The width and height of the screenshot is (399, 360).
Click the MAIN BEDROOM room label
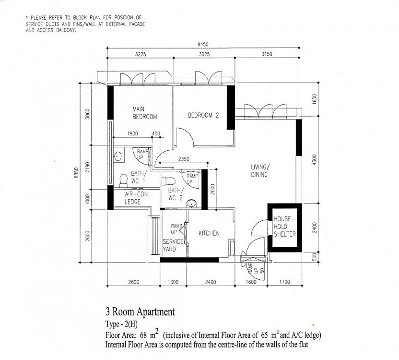pyautogui.click(x=144, y=113)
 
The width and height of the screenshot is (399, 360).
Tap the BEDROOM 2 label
pyautogui.click(x=203, y=115)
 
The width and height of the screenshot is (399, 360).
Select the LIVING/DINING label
pyautogui.click(x=259, y=171)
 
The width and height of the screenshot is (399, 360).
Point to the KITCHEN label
pyautogui.click(x=209, y=233)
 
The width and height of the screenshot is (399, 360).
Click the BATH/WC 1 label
pyautogui.click(x=138, y=178)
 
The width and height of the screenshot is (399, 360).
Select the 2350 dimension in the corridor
pyautogui.click(x=183, y=159)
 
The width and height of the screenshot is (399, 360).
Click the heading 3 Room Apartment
pyautogui.click(x=140, y=312)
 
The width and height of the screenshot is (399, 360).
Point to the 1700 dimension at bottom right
pyautogui.click(x=284, y=282)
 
